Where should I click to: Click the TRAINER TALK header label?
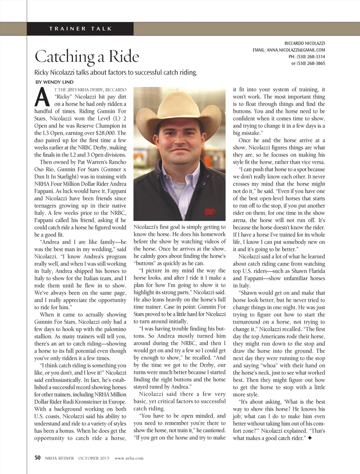81,29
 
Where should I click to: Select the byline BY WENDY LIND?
54,82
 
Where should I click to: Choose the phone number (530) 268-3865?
311,64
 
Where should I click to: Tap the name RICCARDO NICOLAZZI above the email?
305,43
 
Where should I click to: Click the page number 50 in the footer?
38,458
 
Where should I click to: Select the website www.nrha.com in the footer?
129,458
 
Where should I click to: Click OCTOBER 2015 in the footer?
94,458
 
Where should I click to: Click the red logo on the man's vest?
210,212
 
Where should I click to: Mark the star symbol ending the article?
309,439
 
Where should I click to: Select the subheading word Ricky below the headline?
41,73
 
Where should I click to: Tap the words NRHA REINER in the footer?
59,458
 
